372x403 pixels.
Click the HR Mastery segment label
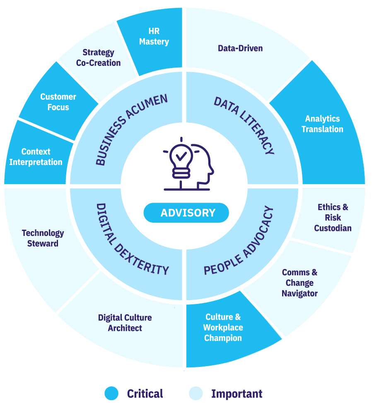click(x=154, y=36)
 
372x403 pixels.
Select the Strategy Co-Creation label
click(x=98, y=58)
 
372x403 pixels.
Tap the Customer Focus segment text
click(x=58, y=102)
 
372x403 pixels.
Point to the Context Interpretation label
click(x=36, y=157)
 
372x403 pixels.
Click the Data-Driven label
click(x=240, y=49)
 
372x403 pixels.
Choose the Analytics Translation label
click(x=322, y=124)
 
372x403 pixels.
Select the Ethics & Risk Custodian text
click(x=333, y=218)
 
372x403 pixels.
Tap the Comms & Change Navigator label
click(x=300, y=283)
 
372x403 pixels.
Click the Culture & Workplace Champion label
click(x=223, y=328)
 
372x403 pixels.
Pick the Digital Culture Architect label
click(x=125, y=323)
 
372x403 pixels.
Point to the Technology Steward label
click(x=43, y=238)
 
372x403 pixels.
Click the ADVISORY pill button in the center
click(x=186, y=213)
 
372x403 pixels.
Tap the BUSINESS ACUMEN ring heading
click(x=131, y=129)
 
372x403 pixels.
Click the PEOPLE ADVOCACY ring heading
click(x=239, y=241)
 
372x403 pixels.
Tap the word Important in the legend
click(x=237, y=393)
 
